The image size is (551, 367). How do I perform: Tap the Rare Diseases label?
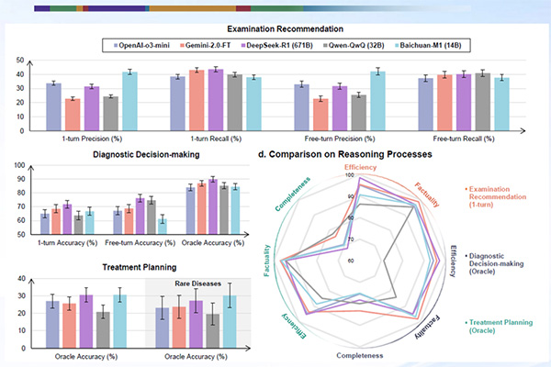(x=193, y=282)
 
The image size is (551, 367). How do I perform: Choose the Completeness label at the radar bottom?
(x=360, y=353)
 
